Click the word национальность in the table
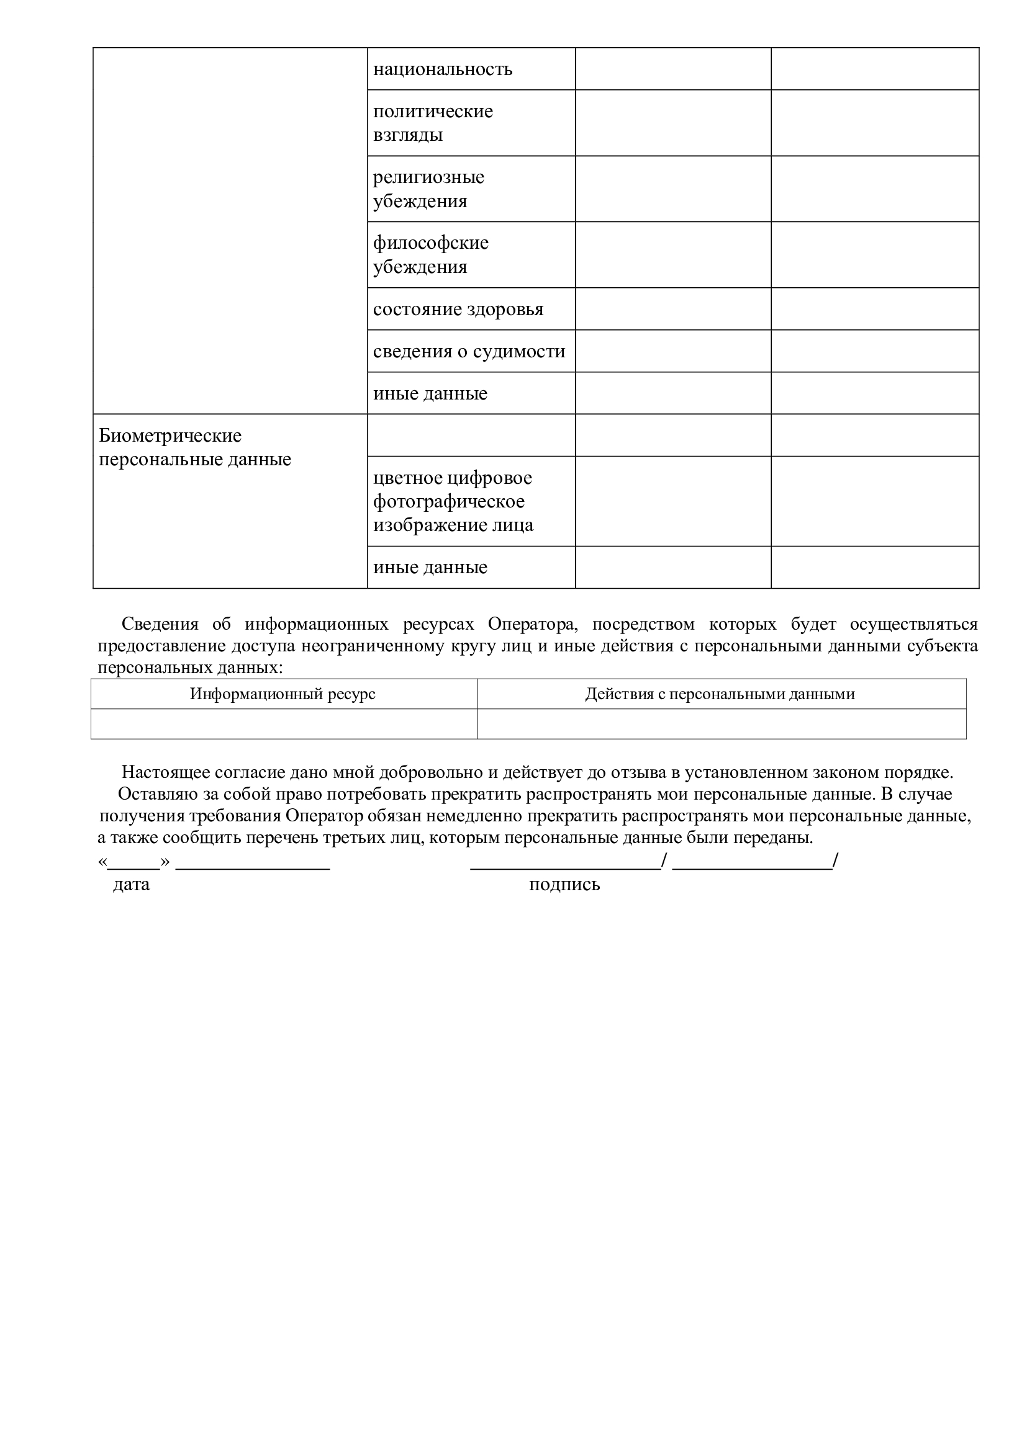tap(442, 69)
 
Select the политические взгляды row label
tap(433, 123)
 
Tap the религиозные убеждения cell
tap(428, 189)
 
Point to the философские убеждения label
tap(430, 255)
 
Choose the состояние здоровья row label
tap(458, 309)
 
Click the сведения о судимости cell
tap(469, 351)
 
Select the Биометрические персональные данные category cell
tap(195, 447)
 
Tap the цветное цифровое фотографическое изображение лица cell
tap(453, 501)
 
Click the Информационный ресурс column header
tap(283, 694)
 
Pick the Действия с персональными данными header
tap(720, 694)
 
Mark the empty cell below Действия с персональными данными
tap(721, 723)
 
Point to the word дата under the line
tap(132, 884)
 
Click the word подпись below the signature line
tap(564, 884)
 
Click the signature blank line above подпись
tap(564, 866)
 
